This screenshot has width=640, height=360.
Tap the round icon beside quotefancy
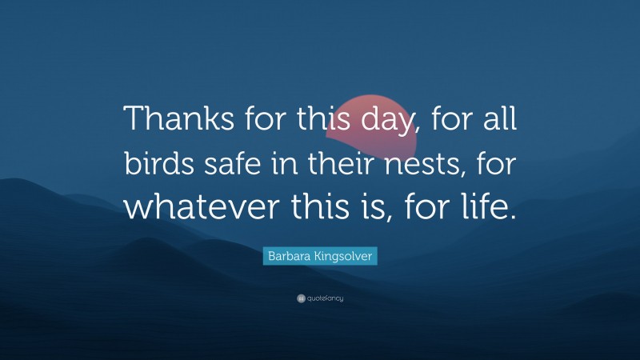(300, 298)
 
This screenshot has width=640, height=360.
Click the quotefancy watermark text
(326, 298)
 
